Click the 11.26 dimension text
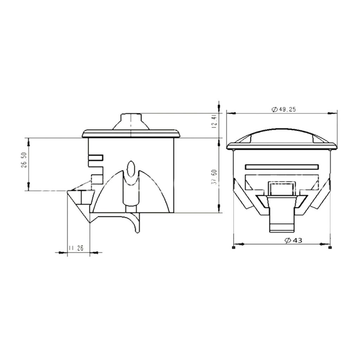click(x=76, y=248)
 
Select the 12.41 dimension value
click(x=214, y=121)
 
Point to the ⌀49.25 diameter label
click(x=284, y=109)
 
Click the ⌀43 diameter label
click(x=294, y=240)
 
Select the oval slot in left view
click(x=130, y=168)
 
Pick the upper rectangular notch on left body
click(x=96, y=158)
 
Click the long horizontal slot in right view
click(x=282, y=166)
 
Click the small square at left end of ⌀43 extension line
click(x=234, y=248)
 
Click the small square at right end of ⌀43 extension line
click(x=329, y=248)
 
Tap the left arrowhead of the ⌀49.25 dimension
click(x=230, y=113)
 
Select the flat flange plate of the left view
click(x=131, y=134)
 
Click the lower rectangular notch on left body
click(x=97, y=178)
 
